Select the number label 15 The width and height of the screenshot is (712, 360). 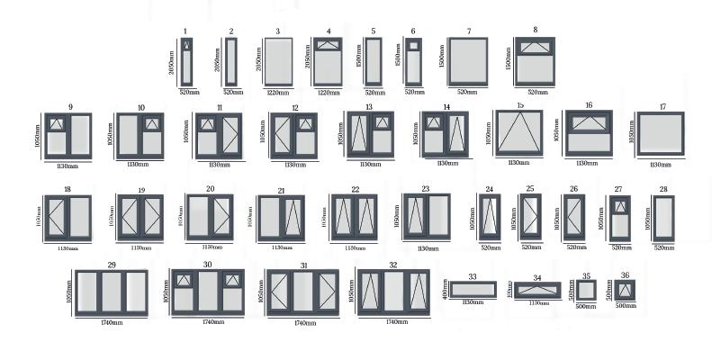520,106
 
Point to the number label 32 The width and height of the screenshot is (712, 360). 392,265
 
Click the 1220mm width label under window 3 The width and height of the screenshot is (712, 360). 277,92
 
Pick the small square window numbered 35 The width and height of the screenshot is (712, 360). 587,291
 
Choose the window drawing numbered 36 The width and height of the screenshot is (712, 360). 626,291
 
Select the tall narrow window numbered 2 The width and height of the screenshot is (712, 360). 231,61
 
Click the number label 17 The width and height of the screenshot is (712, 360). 662,106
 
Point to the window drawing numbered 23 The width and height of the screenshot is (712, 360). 426,218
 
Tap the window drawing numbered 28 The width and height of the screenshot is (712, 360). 663,218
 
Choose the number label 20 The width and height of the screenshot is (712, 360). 210,189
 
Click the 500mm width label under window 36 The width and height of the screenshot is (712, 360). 626,306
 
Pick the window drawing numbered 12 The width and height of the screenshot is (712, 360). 294,135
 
